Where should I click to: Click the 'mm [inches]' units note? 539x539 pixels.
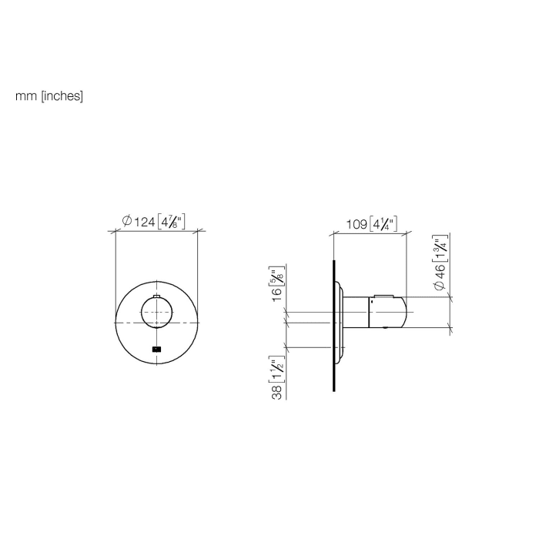tap(49, 97)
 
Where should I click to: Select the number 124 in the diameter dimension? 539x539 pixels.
tap(144, 222)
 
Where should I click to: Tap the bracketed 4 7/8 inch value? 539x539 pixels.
tap(171, 222)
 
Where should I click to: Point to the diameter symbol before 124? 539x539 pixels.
tap(126, 222)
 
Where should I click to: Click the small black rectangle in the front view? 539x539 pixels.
tap(156, 350)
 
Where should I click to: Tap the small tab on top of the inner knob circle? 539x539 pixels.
tap(156, 296)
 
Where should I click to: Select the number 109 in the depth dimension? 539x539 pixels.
tap(357, 225)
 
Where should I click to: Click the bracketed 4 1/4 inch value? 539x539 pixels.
tap(383, 225)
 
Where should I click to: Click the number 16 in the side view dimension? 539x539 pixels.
tap(275, 294)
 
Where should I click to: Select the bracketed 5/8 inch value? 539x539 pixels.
tap(275, 276)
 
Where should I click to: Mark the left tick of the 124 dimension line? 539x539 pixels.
tap(115, 229)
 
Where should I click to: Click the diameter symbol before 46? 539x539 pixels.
tap(440, 286)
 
